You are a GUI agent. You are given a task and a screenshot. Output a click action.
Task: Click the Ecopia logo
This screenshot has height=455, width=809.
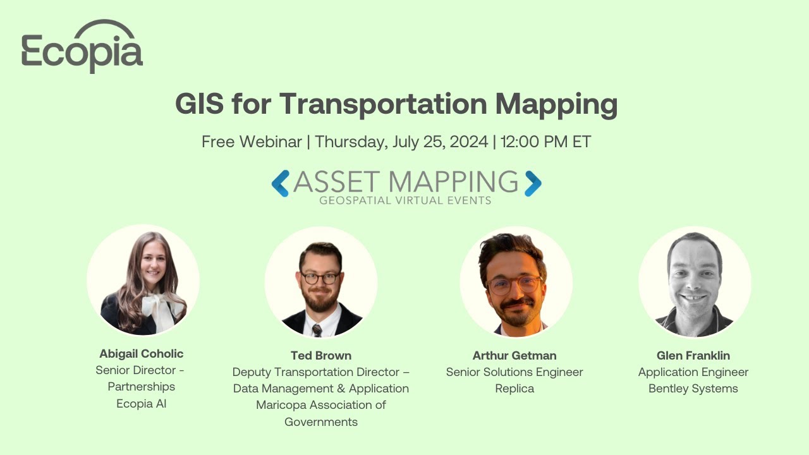click(82, 47)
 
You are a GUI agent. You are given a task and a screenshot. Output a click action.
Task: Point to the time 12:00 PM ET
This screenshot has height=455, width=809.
click(545, 142)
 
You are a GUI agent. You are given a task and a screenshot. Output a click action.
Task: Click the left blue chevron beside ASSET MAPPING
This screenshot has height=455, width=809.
click(280, 183)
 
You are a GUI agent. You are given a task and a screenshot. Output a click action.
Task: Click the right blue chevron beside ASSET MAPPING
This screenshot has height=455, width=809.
click(533, 183)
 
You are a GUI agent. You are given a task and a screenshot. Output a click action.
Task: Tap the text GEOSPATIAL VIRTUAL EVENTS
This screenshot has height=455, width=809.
click(405, 201)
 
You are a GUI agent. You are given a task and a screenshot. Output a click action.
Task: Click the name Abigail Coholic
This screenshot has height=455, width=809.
click(142, 354)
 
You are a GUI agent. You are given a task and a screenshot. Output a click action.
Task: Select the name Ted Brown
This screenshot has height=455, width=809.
click(321, 355)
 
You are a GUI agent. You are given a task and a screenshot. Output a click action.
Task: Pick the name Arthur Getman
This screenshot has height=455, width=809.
click(514, 355)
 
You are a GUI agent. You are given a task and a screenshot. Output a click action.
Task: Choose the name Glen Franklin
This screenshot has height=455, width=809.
click(693, 355)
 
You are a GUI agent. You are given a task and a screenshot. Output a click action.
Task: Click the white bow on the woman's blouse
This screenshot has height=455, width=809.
click(156, 310)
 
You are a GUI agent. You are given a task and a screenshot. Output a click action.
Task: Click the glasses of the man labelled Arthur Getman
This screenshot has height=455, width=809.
click(513, 285)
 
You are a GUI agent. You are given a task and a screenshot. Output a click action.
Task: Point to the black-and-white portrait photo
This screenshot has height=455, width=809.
click(695, 282)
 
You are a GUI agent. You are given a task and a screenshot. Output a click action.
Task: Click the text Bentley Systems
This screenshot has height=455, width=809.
click(693, 389)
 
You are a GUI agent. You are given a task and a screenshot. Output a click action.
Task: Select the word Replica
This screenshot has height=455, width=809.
click(514, 389)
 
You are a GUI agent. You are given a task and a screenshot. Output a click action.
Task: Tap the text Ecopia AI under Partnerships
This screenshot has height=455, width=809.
click(142, 403)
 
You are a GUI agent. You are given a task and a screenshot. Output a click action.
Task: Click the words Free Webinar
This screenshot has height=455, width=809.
click(252, 142)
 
